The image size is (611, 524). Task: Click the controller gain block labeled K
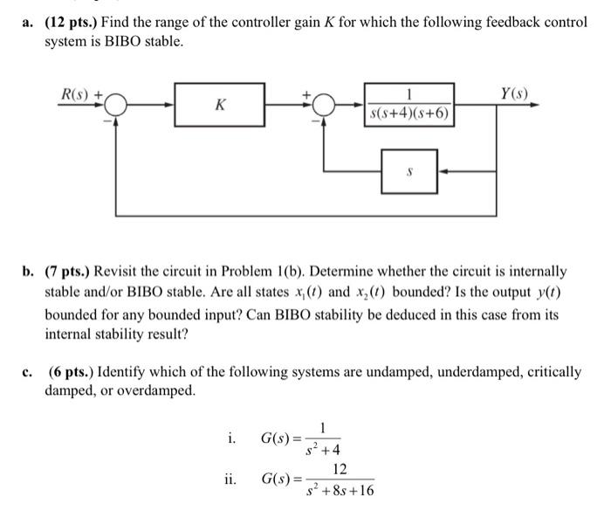220,105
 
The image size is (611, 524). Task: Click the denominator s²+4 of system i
324,451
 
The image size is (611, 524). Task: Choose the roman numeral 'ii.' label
230,479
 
